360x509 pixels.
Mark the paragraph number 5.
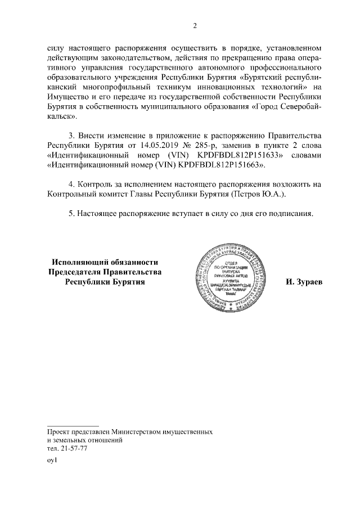coord(71,214)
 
